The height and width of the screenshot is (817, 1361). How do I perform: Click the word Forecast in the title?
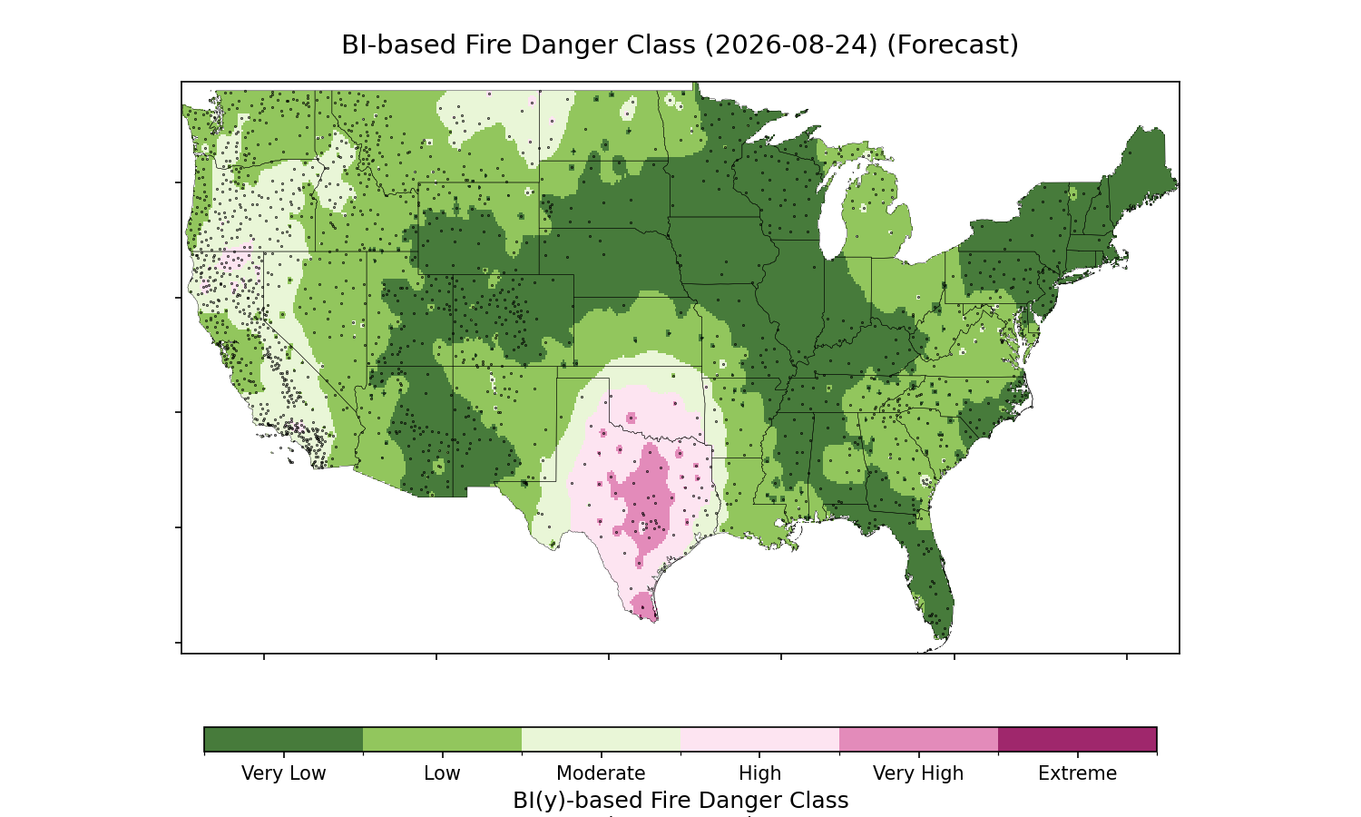tap(952, 45)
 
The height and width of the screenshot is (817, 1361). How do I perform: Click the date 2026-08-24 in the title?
tap(791, 45)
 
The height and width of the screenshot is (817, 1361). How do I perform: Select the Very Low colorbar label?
tap(284, 773)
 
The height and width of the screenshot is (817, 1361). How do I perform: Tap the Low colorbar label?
tap(443, 773)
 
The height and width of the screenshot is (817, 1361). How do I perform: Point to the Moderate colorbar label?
tap(601, 773)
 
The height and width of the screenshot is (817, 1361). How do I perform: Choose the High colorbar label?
tap(760, 773)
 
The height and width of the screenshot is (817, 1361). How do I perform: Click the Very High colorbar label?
tap(918, 773)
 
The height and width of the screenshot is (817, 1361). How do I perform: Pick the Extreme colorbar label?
tap(1077, 773)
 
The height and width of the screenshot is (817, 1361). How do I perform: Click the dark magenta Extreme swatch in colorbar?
tap(1077, 739)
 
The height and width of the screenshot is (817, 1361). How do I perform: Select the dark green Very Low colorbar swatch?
tap(284, 739)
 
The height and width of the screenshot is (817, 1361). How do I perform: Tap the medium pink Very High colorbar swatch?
tap(918, 739)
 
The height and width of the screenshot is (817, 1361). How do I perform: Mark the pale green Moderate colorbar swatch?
tap(601, 739)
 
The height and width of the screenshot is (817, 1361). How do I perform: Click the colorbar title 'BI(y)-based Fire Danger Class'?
tap(680, 801)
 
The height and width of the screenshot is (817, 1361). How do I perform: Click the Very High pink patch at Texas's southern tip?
tap(642, 606)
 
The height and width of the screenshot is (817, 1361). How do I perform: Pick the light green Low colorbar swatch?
tap(443, 739)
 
